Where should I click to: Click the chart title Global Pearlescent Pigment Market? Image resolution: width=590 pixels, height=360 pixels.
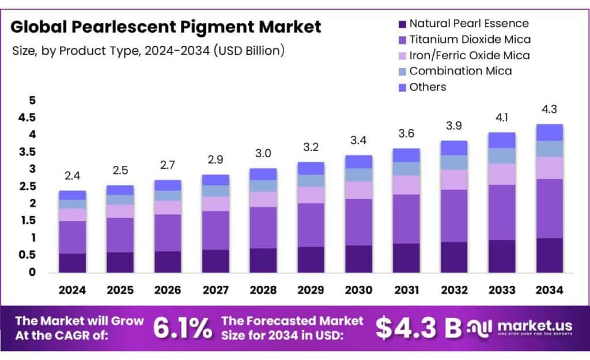(x=166, y=27)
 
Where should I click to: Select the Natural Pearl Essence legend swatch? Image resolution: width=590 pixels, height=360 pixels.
(x=401, y=24)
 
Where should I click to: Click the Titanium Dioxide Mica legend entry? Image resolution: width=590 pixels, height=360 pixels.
(x=469, y=40)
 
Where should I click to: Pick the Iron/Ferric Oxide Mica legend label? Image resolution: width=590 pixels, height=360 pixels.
(x=469, y=55)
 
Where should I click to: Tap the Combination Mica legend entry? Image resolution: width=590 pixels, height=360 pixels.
(x=460, y=71)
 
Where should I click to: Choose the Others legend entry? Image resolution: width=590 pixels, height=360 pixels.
(x=428, y=87)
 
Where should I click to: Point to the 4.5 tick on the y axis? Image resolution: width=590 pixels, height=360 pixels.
(x=27, y=118)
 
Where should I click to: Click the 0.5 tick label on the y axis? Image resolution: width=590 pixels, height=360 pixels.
(x=27, y=255)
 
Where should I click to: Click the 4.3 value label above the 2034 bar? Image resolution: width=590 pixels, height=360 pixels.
(x=549, y=109)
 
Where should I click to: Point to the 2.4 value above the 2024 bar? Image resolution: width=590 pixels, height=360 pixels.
(x=72, y=175)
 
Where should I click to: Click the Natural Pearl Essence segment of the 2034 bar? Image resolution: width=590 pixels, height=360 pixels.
(x=549, y=255)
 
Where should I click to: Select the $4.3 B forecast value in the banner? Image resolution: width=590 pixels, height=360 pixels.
(x=419, y=328)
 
